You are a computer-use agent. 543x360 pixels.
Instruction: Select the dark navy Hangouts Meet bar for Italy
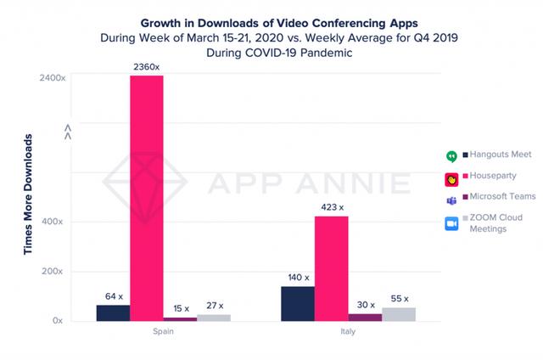(297, 304)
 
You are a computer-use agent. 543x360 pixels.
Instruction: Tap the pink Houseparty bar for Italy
(331, 268)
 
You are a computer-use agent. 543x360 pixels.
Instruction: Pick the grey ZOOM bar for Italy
(399, 314)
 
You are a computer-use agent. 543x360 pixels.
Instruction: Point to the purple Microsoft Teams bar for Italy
(365, 317)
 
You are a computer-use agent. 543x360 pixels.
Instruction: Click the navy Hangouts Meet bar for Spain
(113, 312)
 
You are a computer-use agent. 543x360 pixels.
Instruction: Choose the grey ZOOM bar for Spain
(213, 318)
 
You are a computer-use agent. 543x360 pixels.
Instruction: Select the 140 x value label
(297, 277)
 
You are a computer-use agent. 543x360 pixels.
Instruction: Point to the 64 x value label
(113, 295)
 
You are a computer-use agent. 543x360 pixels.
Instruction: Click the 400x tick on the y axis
(53, 222)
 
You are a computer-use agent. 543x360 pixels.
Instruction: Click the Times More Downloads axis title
(28, 194)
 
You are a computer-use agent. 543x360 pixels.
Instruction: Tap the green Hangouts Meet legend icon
(452, 156)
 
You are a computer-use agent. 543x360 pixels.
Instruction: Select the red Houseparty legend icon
(452, 179)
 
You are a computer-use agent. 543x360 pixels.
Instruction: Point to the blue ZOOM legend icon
(452, 223)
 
